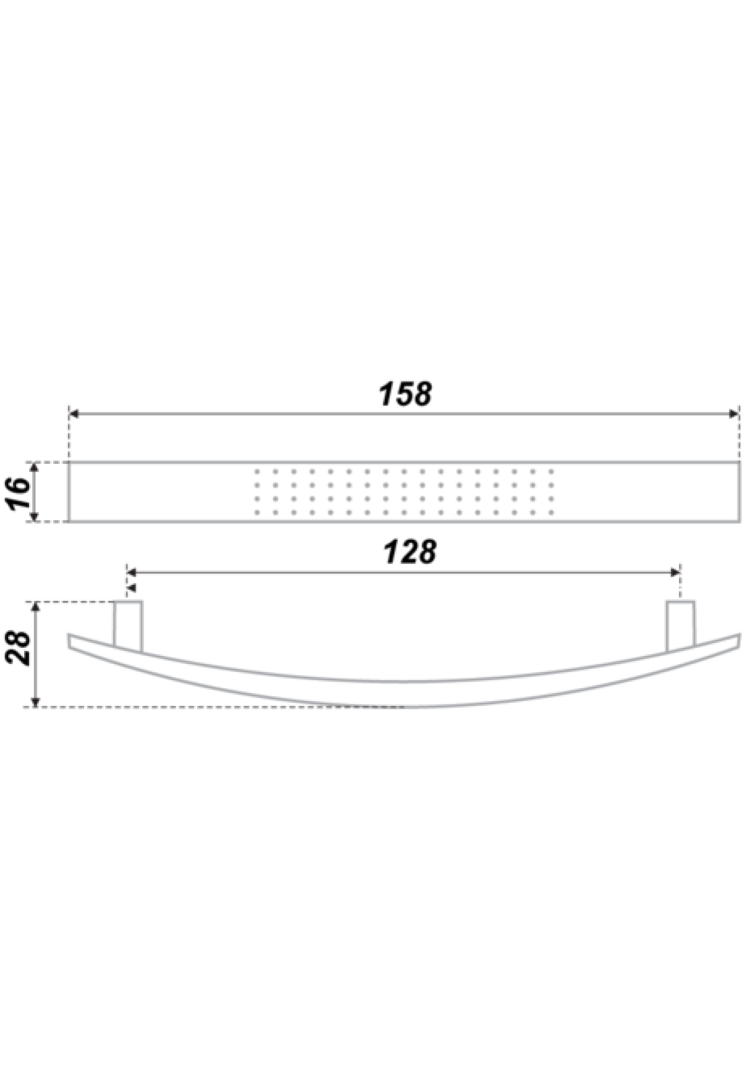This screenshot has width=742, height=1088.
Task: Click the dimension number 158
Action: click(x=406, y=394)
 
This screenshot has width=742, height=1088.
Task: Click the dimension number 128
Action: click(x=409, y=552)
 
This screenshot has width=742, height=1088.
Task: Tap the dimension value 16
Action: click(x=20, y=493)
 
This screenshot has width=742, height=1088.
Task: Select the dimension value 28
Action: click(x=21, y=647)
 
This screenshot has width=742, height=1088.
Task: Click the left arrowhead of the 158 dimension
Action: click(x=74, y=414)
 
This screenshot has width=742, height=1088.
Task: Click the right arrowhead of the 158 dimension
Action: click(x=734, y=414)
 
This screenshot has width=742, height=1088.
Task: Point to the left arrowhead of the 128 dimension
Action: click(x=132, y=573)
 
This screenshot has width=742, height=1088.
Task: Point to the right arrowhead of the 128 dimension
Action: click(x=675, y=573)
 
